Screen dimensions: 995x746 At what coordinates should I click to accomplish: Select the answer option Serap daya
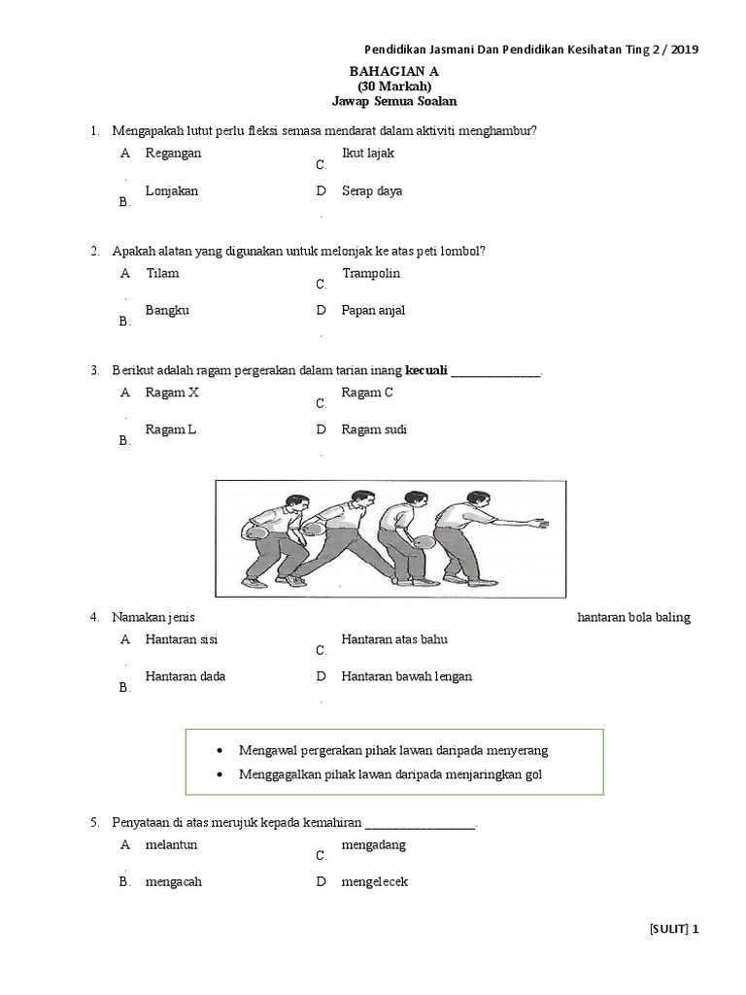point(372,191)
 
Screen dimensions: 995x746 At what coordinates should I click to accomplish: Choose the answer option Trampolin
point(371,273)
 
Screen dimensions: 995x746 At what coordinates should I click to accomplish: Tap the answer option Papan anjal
point(373,311)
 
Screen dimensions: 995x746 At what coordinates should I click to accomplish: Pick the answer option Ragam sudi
point(374,429)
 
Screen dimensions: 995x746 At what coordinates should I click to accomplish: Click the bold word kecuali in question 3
point(425,370)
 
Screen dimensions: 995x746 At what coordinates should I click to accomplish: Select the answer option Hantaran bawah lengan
point(406,676)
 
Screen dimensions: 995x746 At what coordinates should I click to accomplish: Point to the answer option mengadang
point(373,844)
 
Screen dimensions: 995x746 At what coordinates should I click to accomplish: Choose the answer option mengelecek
point(374,882)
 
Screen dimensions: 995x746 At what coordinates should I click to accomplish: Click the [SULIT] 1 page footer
point(673,929)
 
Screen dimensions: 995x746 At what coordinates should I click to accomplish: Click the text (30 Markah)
point(400,86)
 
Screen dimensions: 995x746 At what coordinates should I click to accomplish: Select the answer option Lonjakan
point(172,191)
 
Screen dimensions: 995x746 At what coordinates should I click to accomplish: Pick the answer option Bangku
point(167,311)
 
